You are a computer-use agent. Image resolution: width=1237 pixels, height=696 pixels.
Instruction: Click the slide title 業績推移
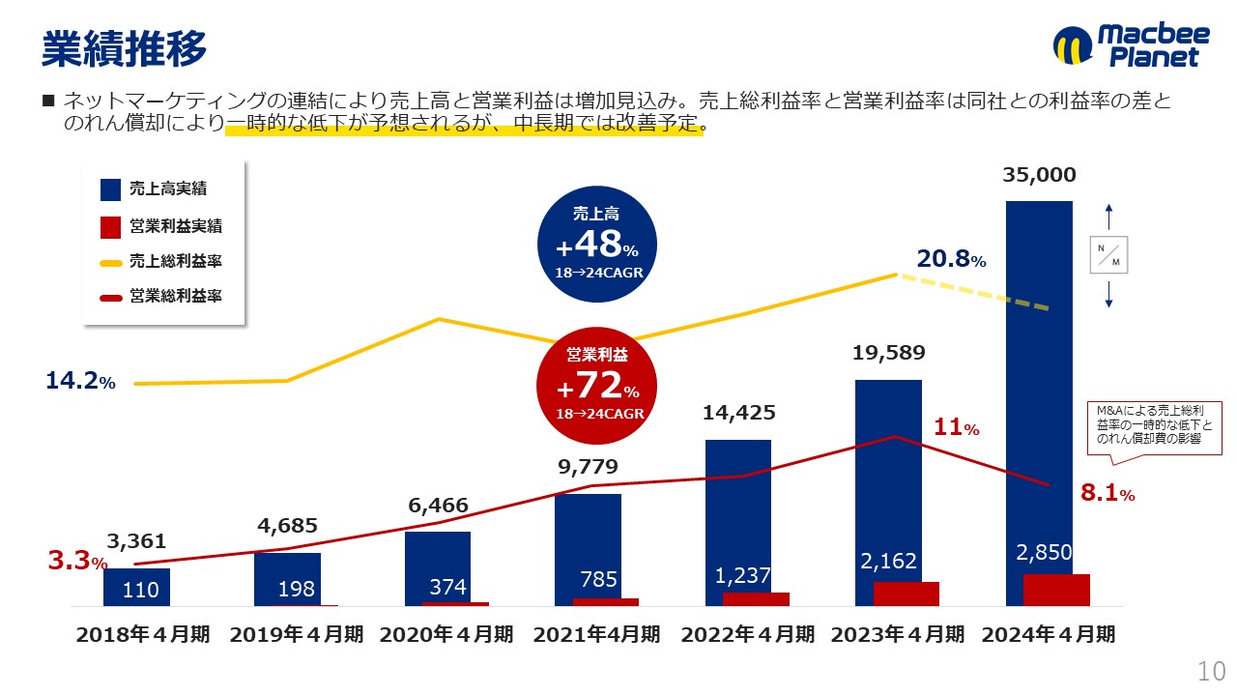click(x=124, y=48)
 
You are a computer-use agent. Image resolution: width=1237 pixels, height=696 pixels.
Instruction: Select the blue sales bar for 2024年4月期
click(x=1039, y=387)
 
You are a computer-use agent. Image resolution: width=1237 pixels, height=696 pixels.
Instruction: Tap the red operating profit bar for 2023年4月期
click(x=906, y=594)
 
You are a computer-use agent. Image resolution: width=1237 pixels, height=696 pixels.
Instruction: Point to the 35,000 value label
click(x=1039, y=175)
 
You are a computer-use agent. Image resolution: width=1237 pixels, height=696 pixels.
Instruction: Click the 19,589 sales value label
click(x=888, y=353)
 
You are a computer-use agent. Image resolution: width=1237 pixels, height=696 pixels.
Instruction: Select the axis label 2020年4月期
click(x=446, y=635)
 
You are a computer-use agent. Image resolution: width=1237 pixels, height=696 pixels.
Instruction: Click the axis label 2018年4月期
click(x=142, y=635)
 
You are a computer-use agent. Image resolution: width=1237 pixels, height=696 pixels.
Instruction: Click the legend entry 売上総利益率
click(x=175, y=262)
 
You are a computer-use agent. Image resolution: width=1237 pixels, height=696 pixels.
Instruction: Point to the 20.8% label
click(x=951, y=259)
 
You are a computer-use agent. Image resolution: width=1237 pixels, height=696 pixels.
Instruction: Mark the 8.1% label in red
click(x=1107, y=494)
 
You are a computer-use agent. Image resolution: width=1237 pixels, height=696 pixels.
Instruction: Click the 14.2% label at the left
click(x=80, y=382)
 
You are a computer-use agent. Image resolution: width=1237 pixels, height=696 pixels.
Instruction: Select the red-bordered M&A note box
click(x=1154, y=426)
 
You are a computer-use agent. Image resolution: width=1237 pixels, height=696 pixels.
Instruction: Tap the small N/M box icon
click(x=1108, y=255)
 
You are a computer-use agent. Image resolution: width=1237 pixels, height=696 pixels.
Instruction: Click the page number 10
click(x=1211, y=671)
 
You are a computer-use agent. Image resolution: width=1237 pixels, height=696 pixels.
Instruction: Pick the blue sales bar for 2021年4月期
click(x=588, y=546)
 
